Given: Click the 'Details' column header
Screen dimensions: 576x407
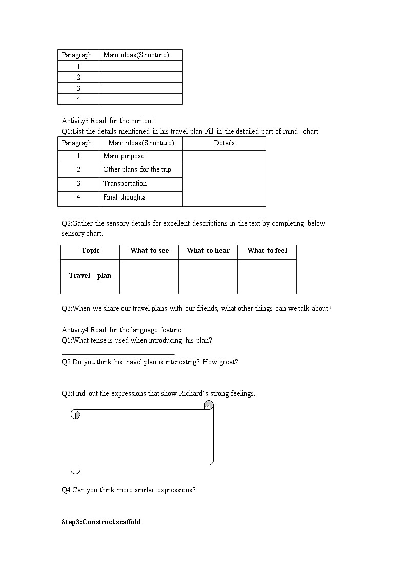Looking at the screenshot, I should point(224,143).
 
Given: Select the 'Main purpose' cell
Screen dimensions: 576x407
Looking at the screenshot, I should point(124,156).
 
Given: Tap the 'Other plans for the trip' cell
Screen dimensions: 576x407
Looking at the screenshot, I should point(137,170).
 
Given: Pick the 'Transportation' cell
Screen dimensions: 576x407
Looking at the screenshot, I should point(125,184).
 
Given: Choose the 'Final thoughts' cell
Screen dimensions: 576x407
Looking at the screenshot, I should point(124,197).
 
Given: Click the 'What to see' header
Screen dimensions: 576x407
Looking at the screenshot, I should point(149,251).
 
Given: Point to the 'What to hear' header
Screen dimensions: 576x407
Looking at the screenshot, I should point(208,251).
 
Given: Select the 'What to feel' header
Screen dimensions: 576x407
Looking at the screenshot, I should point(267,251).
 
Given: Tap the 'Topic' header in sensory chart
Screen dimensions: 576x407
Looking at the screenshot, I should point(90,251).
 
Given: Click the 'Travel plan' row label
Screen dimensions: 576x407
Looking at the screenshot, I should point(90,276).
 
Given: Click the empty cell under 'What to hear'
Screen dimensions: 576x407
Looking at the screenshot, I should point(208,276).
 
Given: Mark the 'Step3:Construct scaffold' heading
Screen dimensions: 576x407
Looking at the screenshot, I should point(101,522).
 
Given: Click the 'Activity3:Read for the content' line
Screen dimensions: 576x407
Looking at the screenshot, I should point(107,121).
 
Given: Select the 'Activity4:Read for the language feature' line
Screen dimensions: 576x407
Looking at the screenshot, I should point(122,330).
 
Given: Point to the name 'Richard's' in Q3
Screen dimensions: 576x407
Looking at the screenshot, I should point(193,394).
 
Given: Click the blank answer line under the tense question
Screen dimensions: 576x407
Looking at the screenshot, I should point(118,354).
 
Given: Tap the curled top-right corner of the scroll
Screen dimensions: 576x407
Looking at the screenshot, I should point(208,406).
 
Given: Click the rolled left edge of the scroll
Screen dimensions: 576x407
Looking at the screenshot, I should point(75,441).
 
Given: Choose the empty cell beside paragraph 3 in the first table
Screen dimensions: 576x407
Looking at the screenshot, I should point(140,88).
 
